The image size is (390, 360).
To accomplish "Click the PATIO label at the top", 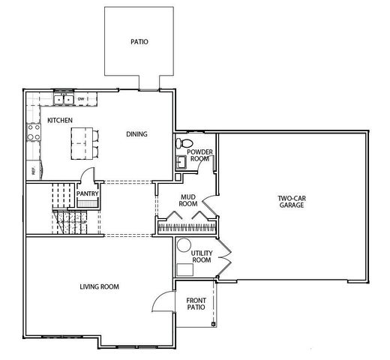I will coord(139,43).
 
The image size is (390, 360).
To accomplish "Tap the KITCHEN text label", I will coord(60,120).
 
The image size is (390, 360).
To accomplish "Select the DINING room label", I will coord(136,134).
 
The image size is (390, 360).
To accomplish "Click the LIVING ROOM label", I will coord(100,286).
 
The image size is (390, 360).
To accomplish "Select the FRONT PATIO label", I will coord(196,303).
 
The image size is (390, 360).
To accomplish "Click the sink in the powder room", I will coord(181,161).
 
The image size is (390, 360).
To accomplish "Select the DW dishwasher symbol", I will coord(81,99).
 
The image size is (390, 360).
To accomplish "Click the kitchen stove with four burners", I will coord(34,132).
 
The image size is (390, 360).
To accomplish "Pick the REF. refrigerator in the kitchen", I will coord(34,170).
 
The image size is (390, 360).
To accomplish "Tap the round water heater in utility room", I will coord(182,245).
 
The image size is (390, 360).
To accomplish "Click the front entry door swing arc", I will coord(160,301).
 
